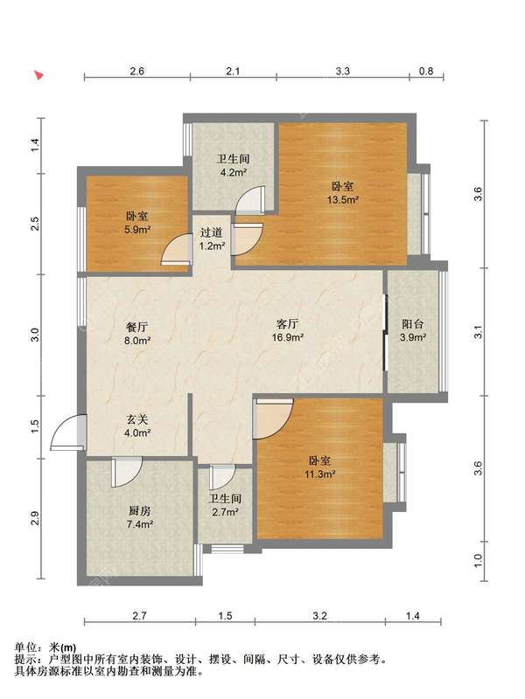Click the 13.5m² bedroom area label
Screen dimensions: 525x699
(x=343, y=200)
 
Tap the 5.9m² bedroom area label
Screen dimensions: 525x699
(x=136, y=230)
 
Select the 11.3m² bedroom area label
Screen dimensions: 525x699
(x=320, y=474)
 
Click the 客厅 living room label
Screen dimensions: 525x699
(x=288, y=323)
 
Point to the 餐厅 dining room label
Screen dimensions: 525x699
(x=136, y=327)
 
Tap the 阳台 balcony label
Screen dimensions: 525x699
(x=412, y=324)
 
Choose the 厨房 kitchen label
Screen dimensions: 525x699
(x=140, y=511)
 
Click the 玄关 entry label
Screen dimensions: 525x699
(x=136, y=419)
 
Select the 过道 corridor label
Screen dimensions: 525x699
(x=211, y=232)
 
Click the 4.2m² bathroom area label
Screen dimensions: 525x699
(x=234, y=172)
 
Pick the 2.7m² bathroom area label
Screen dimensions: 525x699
(x=226, y=512)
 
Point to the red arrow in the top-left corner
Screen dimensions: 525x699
(x=39, y=75)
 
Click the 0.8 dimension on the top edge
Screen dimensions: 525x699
(x=426, y=71)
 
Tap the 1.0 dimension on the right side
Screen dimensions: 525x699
(x=478, y=561)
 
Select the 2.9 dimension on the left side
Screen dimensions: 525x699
(x=35, y=518)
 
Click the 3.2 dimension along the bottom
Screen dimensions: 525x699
(x=319, y=616)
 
